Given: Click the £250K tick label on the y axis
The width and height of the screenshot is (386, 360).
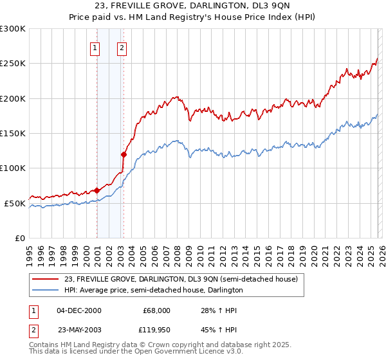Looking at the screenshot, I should pos(13,64).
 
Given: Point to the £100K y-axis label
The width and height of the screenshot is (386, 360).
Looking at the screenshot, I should pos(13,168).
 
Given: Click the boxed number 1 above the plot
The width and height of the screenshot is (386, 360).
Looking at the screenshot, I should pos(95,47).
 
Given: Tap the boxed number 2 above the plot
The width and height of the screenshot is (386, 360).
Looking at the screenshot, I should pos(122,47).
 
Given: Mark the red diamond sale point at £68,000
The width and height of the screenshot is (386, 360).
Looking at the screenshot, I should pos(96,190).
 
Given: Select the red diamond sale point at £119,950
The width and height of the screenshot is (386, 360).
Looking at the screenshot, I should pos(124,154).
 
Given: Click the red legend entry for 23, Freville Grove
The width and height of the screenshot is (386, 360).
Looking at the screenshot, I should pos(181,280).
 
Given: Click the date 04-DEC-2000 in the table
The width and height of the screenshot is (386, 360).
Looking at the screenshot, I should pos(79,310).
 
